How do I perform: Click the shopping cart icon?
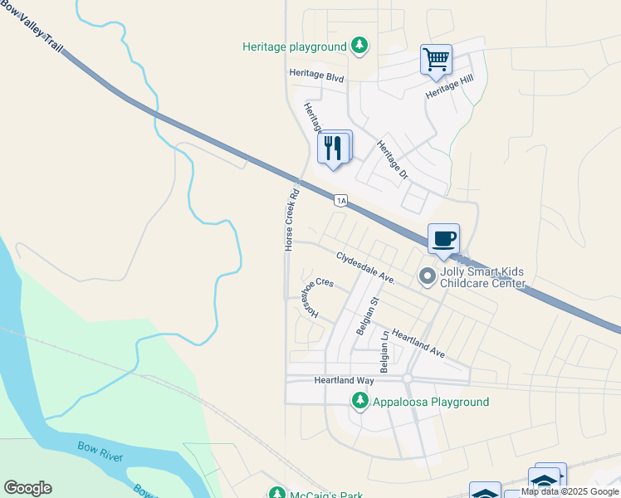[436, 60]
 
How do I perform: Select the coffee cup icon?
[443, 238]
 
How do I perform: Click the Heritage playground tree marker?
[359, 46]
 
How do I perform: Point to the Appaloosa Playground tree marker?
[359, 402]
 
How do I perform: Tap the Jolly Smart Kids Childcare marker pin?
[428, 276]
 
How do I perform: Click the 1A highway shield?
[340, 200]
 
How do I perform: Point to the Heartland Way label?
[344, 380]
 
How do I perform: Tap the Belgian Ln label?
[384, 353]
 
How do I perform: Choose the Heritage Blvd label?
[316, 74]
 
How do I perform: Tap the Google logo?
[27, 488]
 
